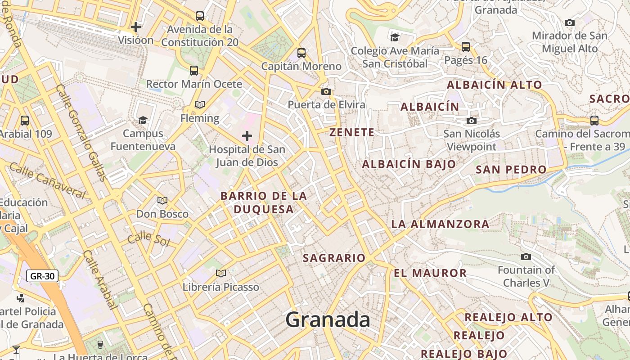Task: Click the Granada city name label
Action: (328, 319)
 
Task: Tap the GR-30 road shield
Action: (42, 276)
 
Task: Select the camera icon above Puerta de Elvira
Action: (326, 92)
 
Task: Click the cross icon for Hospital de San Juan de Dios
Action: (247, 136)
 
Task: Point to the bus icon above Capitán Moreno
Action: (301, 53)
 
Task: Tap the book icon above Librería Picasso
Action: (220, 273)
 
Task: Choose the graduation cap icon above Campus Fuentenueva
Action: (143, 120)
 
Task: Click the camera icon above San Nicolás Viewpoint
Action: (472, 121)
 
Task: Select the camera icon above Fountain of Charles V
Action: (526, 257)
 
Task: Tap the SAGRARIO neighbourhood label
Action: (334, 258)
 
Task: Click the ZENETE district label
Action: (351, 132)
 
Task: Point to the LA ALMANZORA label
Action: (440, 224)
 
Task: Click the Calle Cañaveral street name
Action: (47, 180)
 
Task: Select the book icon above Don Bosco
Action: (162, 200)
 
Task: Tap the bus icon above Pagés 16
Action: (466, 46)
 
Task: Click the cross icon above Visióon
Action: (136, 27)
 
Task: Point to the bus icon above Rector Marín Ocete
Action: (194, 71)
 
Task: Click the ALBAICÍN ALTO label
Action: (494, 85)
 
